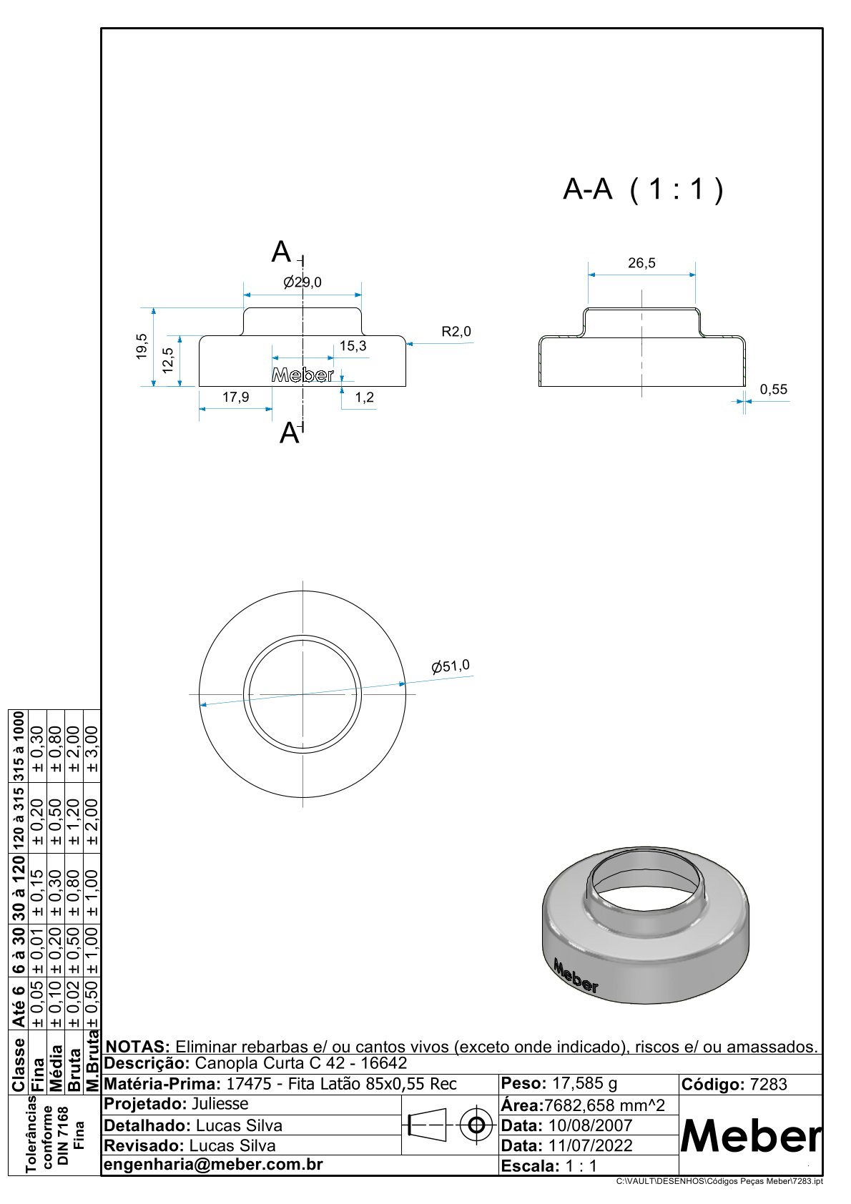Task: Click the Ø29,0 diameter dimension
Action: [302, 282]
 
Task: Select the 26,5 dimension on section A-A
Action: [641, 263]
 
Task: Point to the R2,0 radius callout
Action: [456, 332]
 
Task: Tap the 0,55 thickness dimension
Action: [773, 390]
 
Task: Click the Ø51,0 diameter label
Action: [451, 666]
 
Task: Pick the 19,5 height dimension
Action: [142, 346]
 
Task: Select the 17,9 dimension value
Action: [235, 397]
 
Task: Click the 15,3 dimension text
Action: [353, 346]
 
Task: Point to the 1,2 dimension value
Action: [364, 398]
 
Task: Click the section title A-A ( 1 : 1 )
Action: [643, 189]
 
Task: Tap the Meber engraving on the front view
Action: [302, 375]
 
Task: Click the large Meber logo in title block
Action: [751, 1135]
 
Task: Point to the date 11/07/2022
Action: [590, 1145]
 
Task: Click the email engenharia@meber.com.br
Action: [214, 1165]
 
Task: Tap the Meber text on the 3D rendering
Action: [576, 976]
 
